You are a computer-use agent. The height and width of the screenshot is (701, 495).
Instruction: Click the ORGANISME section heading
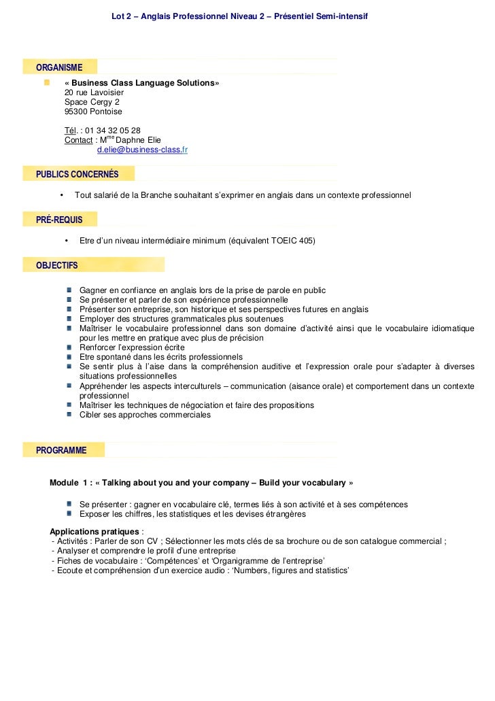point(59,67)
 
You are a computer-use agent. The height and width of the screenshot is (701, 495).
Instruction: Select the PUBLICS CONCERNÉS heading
point(77,174)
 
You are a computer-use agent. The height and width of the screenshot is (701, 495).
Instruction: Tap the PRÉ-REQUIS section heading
point(59,219)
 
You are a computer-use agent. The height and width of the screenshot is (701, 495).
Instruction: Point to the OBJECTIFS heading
point(56,264)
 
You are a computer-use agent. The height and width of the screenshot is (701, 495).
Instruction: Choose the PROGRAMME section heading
point(61,450)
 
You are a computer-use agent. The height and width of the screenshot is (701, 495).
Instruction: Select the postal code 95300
point(76,112)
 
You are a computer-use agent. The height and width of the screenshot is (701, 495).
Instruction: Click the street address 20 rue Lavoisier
point(94,92)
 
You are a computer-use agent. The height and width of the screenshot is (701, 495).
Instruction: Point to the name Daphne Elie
point(139,141)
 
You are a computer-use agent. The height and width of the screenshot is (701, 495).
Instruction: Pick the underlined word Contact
point(78,141)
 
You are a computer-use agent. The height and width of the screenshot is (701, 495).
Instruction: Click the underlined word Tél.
point(71,131)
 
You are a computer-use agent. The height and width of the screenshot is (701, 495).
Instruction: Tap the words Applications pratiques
point(95,531)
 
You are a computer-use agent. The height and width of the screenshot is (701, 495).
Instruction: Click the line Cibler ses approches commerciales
point(145,415)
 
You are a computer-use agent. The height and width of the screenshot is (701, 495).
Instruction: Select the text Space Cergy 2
point(91,102)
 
